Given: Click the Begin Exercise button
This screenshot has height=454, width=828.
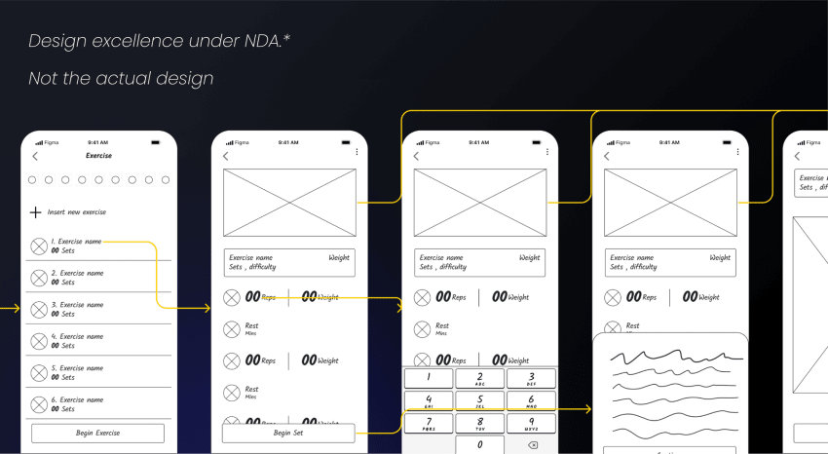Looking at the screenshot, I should coord(97,433).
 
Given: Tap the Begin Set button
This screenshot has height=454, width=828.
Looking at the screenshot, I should coord(288,433).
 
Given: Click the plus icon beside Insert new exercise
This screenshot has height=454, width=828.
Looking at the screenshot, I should coord(36,212).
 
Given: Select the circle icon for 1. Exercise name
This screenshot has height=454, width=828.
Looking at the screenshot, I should coord(38,246).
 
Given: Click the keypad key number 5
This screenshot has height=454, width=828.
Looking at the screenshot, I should coord(479,400).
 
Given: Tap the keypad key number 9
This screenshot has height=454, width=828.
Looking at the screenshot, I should coord(530,423).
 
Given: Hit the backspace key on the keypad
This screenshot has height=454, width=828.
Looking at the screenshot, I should coord(532,445).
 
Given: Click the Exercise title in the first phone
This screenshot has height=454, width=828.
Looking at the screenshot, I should coord(98,156).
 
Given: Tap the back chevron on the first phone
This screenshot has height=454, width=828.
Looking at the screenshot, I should coord(35,156).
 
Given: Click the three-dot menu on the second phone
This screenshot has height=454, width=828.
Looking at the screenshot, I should coord(357,152).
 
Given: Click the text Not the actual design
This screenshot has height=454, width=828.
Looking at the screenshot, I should coord(121,78).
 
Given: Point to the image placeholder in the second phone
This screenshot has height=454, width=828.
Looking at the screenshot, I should coord(288,203).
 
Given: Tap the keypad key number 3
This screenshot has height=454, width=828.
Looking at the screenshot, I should coord(530,378).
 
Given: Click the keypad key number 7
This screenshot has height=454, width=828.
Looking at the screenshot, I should coord(429,423).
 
